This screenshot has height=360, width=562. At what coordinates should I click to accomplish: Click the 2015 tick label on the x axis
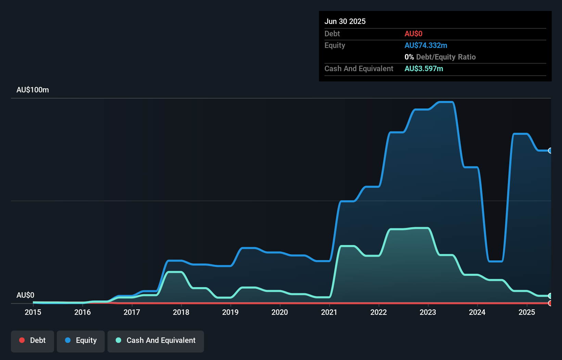pyautogui.click(x=33, y=312)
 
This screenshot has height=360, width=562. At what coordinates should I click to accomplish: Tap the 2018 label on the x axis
pyautogui.click(x=181, y=312)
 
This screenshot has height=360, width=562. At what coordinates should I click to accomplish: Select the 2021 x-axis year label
pyautogui.click(x=329, y=312)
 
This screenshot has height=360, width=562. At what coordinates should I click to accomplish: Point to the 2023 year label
pyautogui.click(x=428, y=312)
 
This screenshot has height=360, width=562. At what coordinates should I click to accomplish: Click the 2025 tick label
pyautogui.click(x=527, y=312)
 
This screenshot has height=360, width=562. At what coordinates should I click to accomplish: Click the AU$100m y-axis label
pyautogui.click(x=33, y=90)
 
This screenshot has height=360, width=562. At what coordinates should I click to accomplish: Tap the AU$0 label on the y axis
pyautogui.click(x=25, y=295)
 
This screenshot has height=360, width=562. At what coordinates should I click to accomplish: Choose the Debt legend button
pyautogui.click(x=33, y=340)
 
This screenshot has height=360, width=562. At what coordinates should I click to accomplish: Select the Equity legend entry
pyautogui.click(x=81, y=340)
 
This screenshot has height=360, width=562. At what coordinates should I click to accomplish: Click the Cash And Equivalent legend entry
pyautogui.click(x=156, y=340)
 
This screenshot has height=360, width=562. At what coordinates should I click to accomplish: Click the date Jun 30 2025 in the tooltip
pyautogui.click(x=345, y=21)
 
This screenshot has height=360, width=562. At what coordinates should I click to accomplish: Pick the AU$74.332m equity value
pyautogui.click(x=426, y=45)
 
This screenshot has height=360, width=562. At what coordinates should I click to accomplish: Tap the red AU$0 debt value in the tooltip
pyautogui.click(x=413, y=34)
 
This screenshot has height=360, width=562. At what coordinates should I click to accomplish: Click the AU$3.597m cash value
pyautogui.click(x=424, y=68)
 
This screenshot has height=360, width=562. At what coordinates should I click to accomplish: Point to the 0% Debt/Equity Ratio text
pyautogui.click(x=440, y=57)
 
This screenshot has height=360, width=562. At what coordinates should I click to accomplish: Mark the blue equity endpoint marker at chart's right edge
pyautogui.click(x=550, y=151)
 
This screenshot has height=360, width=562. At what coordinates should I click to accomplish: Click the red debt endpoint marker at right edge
pyautogui.click(x=550, y=303)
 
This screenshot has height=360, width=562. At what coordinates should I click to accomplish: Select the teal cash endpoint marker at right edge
pyautogui.click(x=550, y=296)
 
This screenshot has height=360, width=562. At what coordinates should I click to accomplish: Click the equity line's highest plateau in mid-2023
pyautogui.click(x=446, y=102)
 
